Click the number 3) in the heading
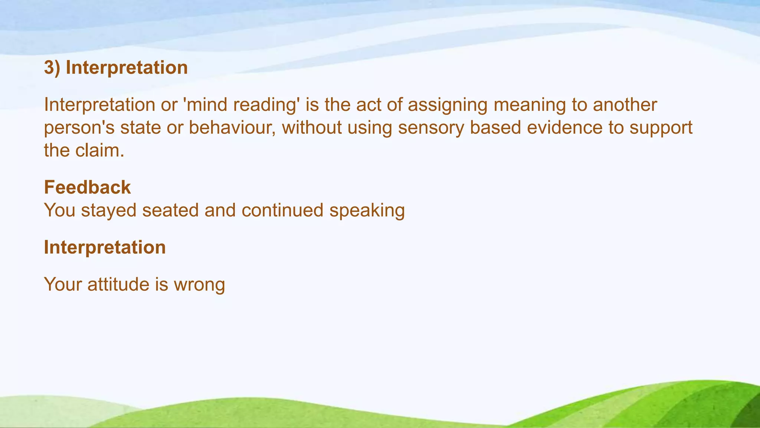[52, 68]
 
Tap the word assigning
[448, 105]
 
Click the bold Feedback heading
[87, 187]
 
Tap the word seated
[170, 210]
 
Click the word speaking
[367, 210]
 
